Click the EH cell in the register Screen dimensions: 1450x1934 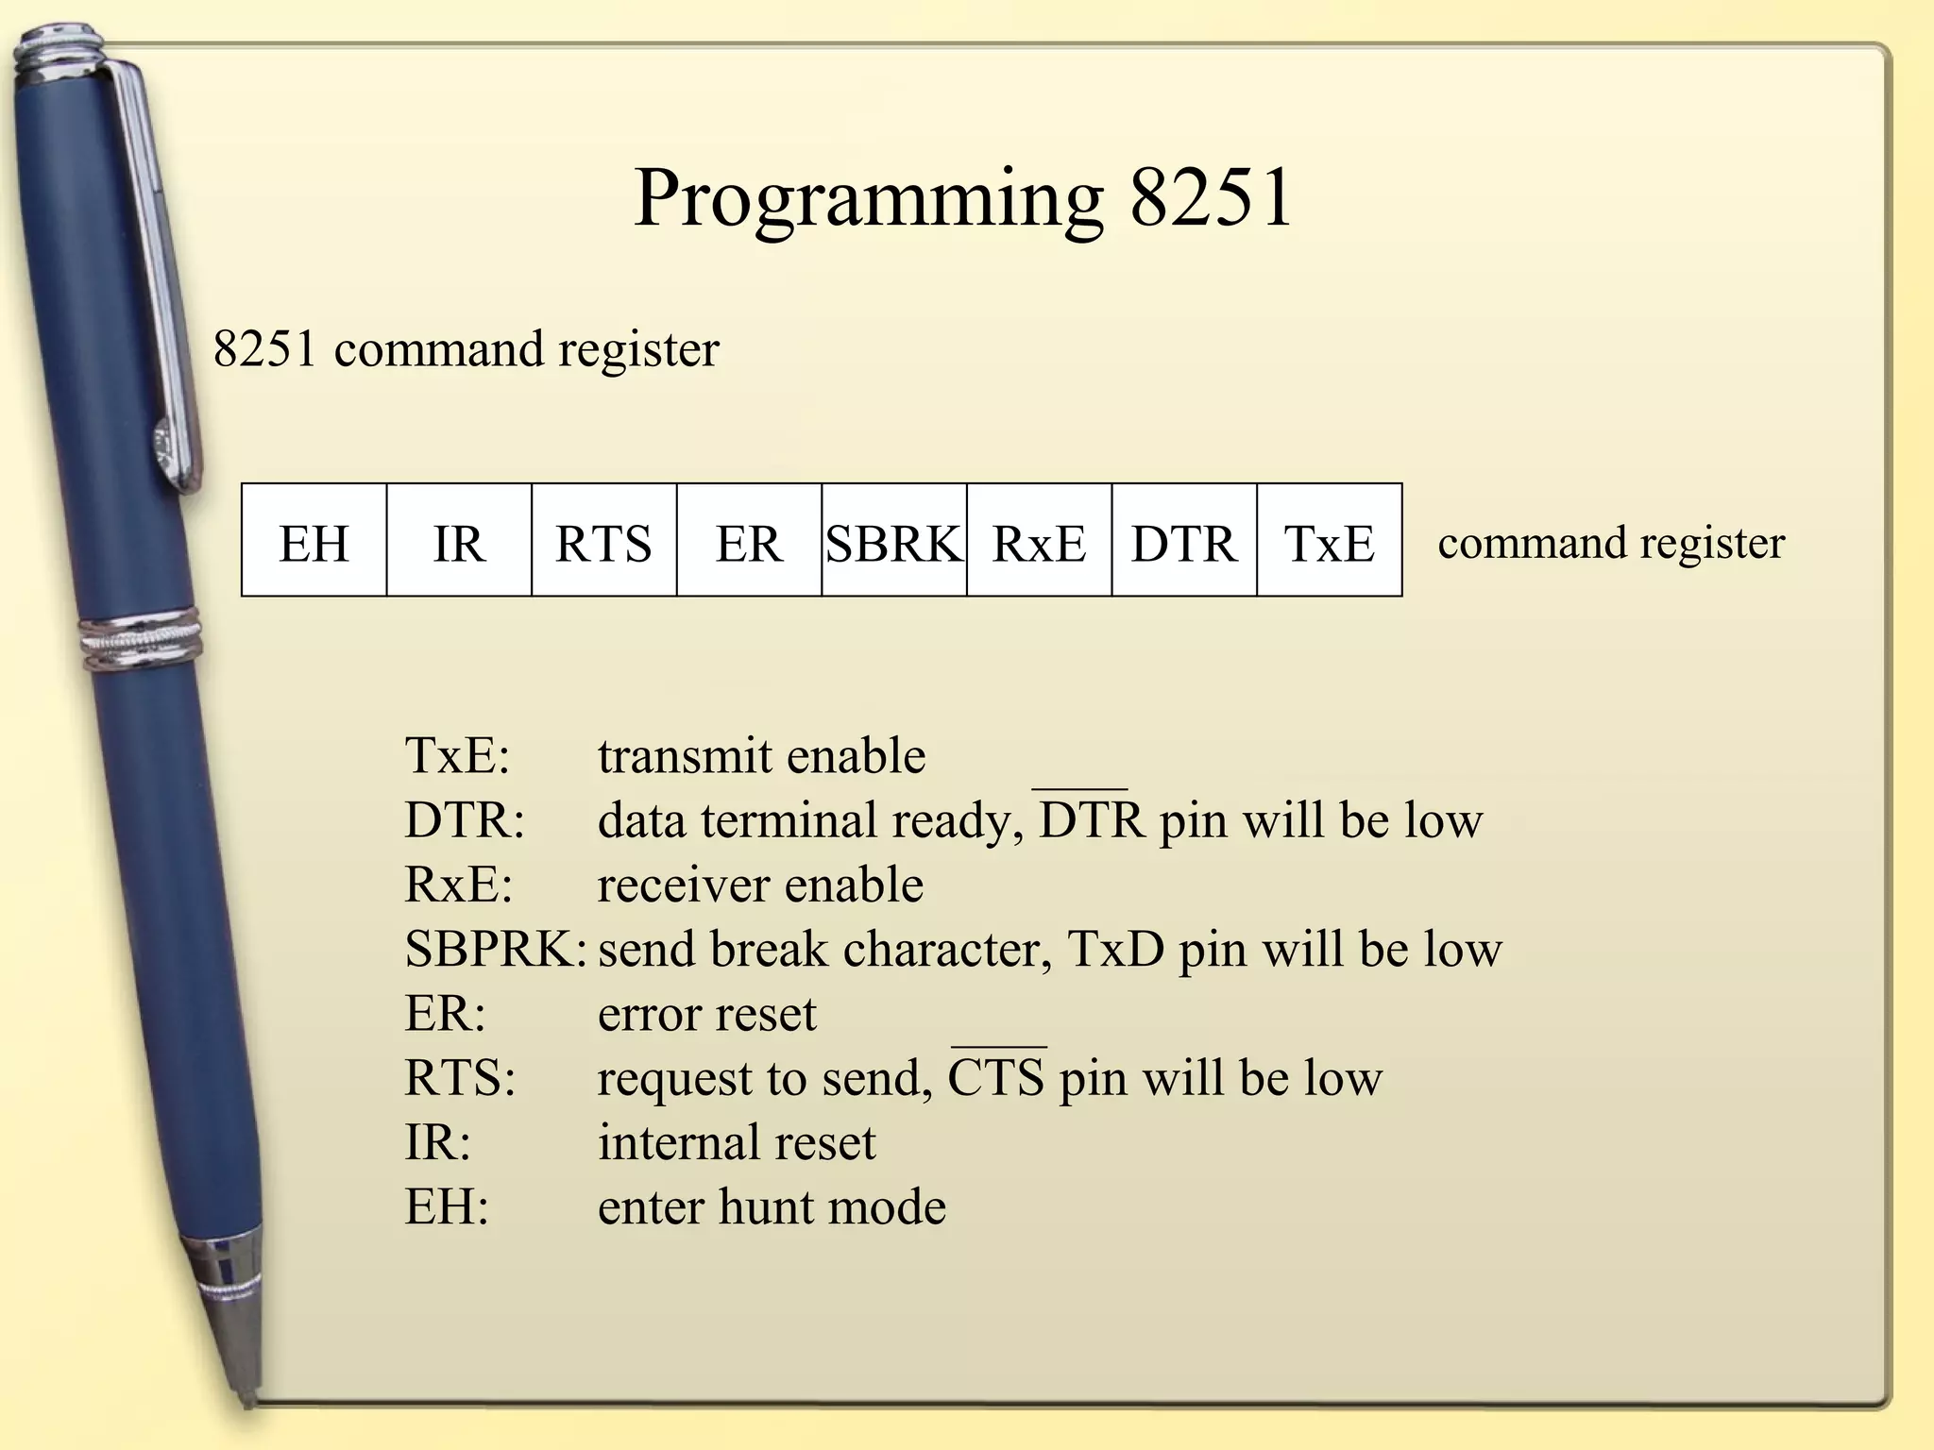[314, 541]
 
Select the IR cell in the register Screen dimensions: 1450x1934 [459, 541]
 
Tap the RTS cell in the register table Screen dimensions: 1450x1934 [603, 541]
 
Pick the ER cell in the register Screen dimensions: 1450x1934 [749, 541]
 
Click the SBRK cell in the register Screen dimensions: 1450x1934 [893, 541]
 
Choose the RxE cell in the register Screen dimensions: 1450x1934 [1039, 541]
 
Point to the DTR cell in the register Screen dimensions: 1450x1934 [1184, 541]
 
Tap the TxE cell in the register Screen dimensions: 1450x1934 [1329, 541]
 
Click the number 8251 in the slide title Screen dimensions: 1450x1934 [1211, 197]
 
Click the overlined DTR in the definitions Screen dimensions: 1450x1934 [1091, 819]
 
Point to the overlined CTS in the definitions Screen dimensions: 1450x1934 [996, 1077]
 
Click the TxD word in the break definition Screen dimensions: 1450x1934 [1115, 949]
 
